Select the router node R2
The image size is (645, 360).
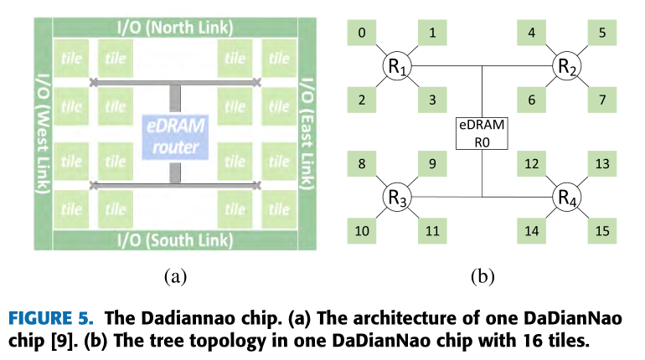[x=566, y=65]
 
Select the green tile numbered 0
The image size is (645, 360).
[x=362, y=33]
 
